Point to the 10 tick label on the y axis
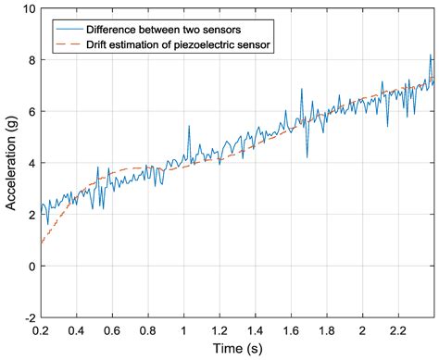[27, 9]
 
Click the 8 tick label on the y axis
[31, 60]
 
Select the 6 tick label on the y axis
[31, 112]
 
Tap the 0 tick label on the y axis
[31, 267]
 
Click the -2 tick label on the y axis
[28, 317]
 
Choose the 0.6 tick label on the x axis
[112, 330]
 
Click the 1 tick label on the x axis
[183, 330]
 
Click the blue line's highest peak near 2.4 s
[430, 56]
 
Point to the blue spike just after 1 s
[188, 127]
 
